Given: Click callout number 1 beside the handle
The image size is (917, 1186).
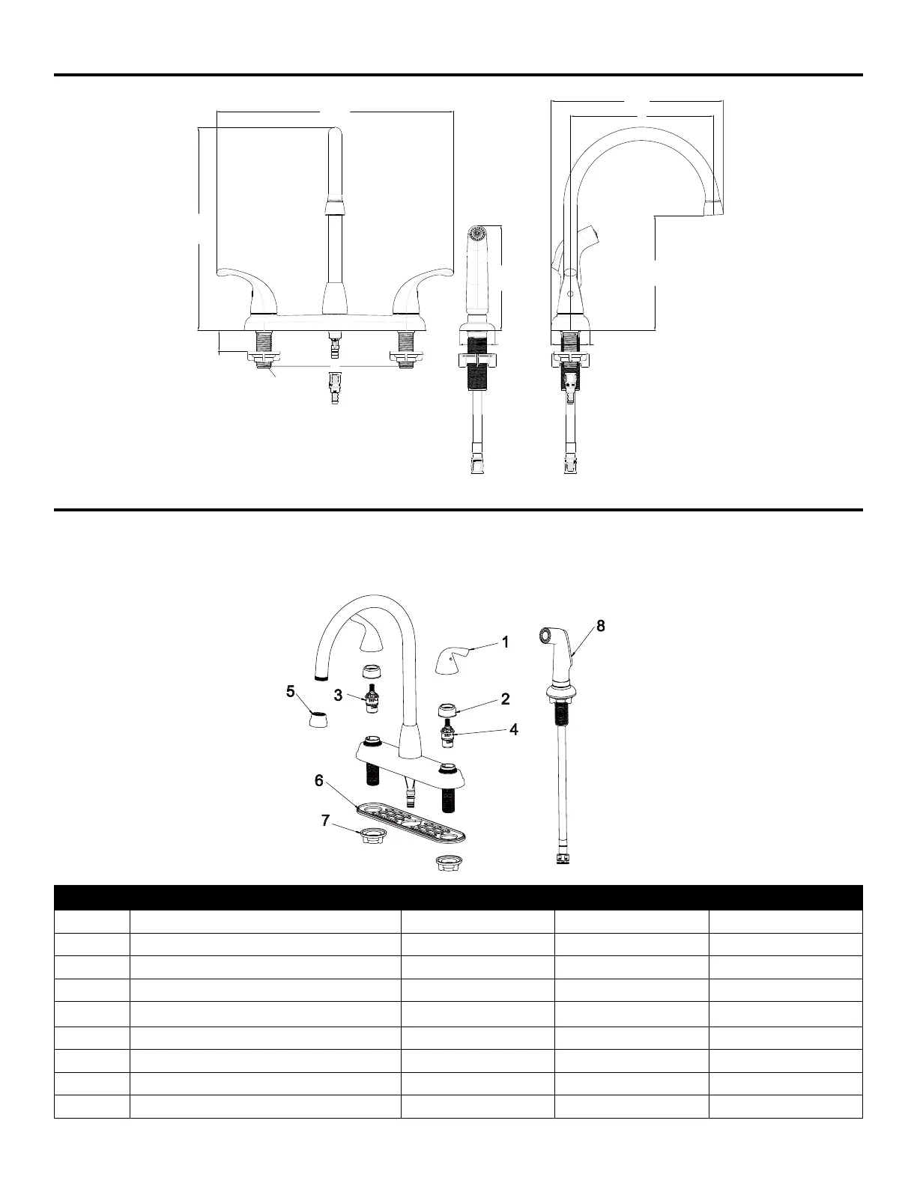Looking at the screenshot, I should (x=506, y=642).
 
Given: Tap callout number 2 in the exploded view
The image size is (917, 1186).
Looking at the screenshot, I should (x=506, y=699).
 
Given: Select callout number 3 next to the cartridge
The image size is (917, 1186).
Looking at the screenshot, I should (x=339, y=695).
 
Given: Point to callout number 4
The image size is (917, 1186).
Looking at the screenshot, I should (x=514, y=729).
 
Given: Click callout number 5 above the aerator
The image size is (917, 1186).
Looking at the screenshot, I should (x=290, y=691).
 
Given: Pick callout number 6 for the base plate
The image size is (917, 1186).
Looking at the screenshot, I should (x=319, y=781).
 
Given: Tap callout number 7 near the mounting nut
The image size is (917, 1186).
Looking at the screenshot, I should (x=325, y=820).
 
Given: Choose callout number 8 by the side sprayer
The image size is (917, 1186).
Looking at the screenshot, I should (x=601, y=626).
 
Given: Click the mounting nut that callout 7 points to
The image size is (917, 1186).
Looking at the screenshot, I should (x=369, y=836).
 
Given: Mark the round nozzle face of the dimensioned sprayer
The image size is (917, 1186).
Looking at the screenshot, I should (x=476, y=233).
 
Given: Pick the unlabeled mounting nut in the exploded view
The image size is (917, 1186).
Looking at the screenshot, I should (x=447, y=863).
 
